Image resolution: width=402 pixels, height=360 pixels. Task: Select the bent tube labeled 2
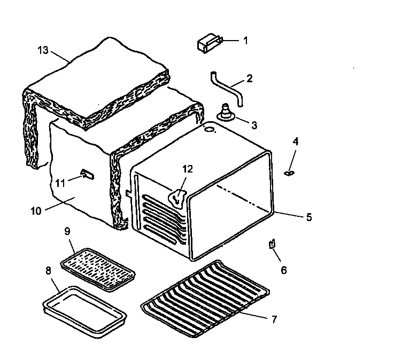coord(227,87)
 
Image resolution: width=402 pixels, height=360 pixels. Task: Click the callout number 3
coord(254,126)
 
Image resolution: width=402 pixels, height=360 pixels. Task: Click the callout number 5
coord(309,217)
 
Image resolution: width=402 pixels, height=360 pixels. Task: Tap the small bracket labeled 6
coord(273,244)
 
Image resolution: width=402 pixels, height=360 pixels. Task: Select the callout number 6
coord(284,270)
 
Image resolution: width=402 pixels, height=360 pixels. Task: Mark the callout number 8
coord(49,270)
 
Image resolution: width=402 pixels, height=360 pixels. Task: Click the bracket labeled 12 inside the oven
coord(177,198)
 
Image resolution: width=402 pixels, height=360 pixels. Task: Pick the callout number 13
coord(43,50)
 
